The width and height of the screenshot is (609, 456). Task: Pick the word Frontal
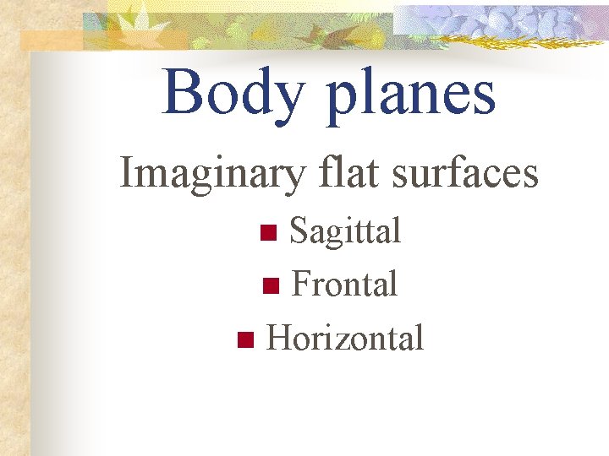point(344,285)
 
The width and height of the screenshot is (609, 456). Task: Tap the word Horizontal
point(344,338)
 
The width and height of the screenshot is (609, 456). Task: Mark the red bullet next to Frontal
point(270,286)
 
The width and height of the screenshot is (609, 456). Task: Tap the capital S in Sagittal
point(299,231)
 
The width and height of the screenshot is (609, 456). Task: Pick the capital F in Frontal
point(300,285)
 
